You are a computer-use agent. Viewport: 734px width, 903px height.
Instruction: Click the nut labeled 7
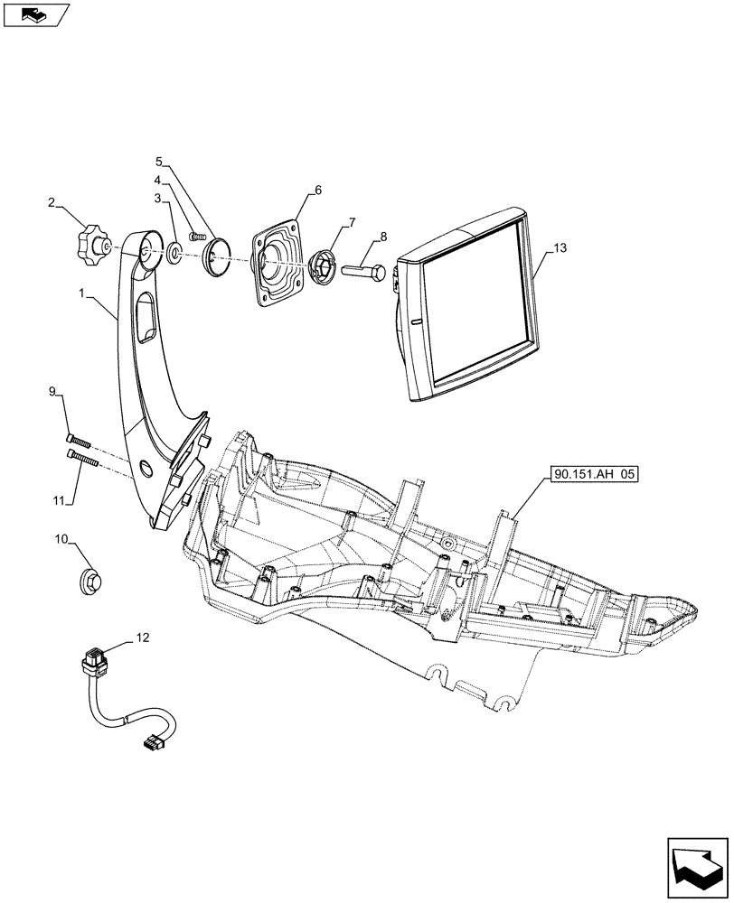point(323,266)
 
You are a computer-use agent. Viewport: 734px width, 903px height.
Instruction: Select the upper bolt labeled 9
point(78,442)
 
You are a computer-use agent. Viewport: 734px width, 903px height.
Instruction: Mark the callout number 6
point(318,190)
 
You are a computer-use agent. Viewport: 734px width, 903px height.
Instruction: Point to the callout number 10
point(61,539)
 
